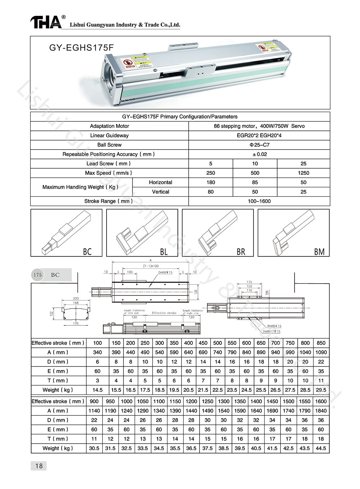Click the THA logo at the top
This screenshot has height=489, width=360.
pyautogui.click(x=46, y=22)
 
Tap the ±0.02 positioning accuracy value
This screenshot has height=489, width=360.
pyautogui.click(x=259, y=154)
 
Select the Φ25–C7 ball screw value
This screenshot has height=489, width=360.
pyautogui.click(x=259, y=145)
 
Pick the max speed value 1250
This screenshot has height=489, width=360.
pyautogui.click(x=303, y=173)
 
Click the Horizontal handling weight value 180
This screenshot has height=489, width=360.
pyautogui.click(x=211, y=182)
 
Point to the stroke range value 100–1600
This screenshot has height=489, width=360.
pyautogui.click(x=259, y=201)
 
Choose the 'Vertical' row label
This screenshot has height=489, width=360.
pyautogui.click(x=161, y=192)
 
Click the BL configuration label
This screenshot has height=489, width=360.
pyautogui.click(x=164, y=252)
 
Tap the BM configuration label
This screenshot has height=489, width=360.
pyautogui.click(x=319, y=252)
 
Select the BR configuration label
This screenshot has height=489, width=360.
pyautogui.click(x=241, y=252)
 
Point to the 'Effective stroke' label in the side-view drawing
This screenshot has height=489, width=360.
pyautogui.click(x=164, y=313)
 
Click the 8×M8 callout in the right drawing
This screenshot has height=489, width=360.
pyautogui.click(x=274, y=326)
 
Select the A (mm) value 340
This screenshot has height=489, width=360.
pyautogui.click(x=97, y=352)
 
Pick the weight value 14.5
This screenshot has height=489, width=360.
pyautogui.click(x=97, y=390)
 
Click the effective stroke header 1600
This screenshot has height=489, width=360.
pyautogui.click(x=321, y=401)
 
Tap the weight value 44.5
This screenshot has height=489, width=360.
pyautogui.click(x=321, y=448)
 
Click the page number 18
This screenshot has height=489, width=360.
pyautogui.click(x=39, y=466)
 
